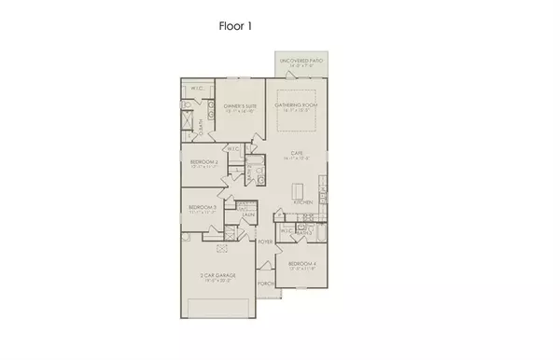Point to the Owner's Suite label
pyautogui.click(x=240, y=106)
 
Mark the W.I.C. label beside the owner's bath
pyautogui.click(x=197, y=89)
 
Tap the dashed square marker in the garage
pyautogui.click(x=222, y=248)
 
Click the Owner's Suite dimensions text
pyautogui.click(x=240, y=112)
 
